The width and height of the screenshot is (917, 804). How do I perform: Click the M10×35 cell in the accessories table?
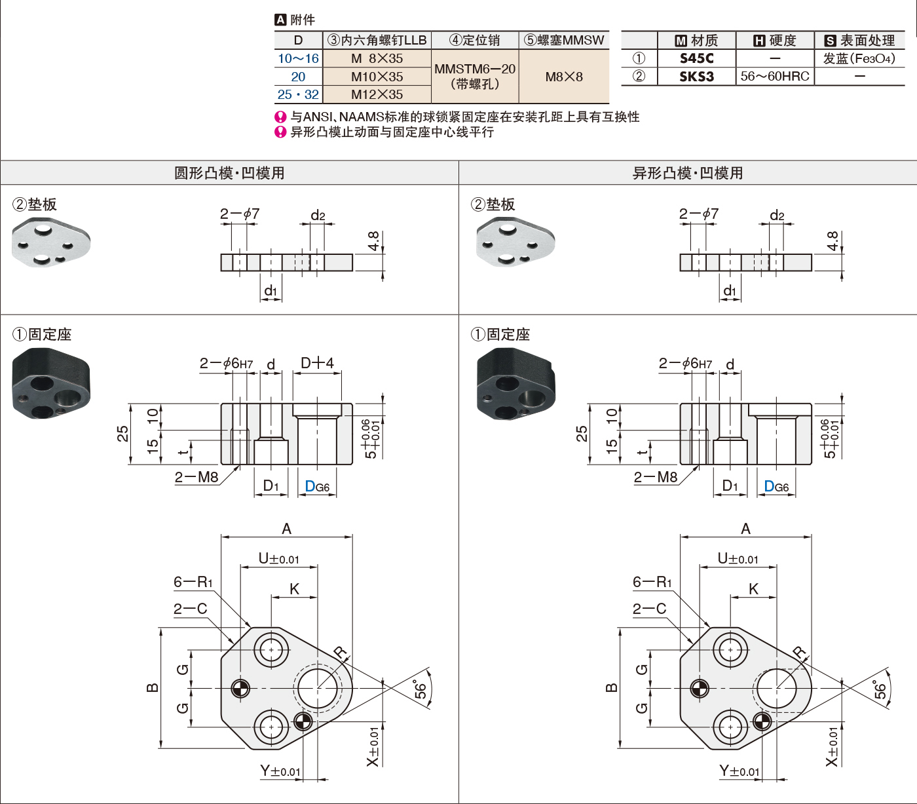coord(377,77)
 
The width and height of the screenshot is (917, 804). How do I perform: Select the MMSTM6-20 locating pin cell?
coord(475,76)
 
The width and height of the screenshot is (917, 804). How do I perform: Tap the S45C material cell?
coord(696,58)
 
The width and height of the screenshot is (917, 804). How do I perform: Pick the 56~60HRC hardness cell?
coord(775,77)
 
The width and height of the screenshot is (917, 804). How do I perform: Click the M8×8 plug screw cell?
coord(564,77)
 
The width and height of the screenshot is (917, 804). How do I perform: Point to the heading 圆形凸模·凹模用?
coord(229,173)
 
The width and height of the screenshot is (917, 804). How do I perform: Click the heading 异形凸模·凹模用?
coord(688,173)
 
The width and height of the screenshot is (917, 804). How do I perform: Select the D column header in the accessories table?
coord(298,40)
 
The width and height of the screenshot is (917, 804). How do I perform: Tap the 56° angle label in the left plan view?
coord(420,689)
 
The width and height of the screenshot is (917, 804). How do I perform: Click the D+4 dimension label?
coord(317,363)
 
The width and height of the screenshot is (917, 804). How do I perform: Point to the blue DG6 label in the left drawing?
coord(317,487)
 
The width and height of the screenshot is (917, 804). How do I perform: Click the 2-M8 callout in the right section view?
coord(656,478)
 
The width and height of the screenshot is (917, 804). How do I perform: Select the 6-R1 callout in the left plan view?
coord(193,582)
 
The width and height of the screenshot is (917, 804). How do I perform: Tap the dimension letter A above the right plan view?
coord(745,529)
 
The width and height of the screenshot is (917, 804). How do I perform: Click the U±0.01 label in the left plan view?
coord(279,559)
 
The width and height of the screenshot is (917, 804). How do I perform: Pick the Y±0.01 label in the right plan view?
coord(739,771)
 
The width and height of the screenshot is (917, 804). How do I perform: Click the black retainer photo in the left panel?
coord(50,383)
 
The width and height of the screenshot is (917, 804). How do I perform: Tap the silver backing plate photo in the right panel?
coord(515,241)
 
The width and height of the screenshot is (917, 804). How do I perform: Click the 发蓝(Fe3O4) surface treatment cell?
coord(859,58)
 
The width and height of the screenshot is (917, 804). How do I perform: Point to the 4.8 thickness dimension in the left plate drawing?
coord(373,241)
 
